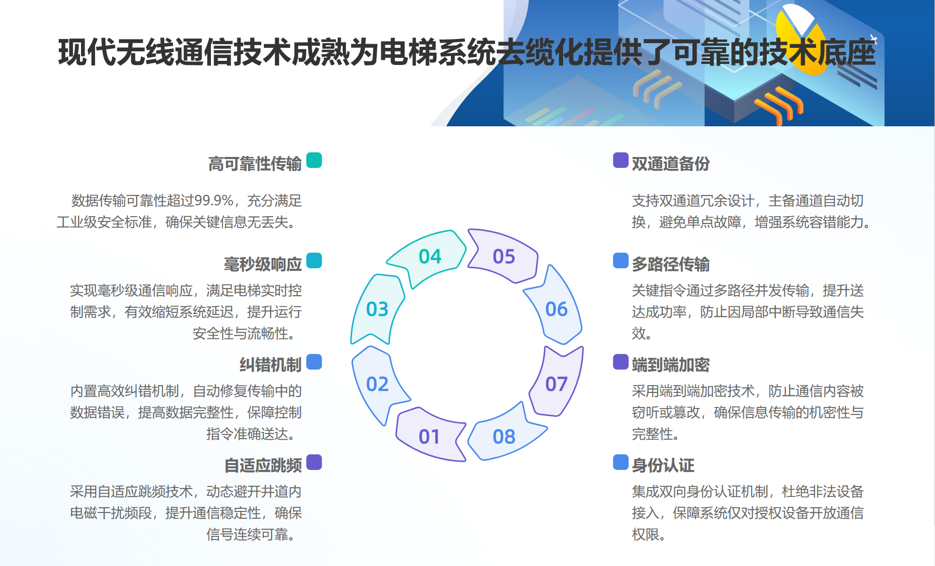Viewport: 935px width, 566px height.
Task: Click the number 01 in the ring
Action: pyautogui.click(x=429, y=437)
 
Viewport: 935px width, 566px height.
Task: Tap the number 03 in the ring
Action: pyautogui.click(x=377, y=309)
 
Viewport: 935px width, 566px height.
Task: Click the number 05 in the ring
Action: pyautogui.click(x=504, y=256)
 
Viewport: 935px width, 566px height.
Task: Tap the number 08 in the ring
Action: pyautogui.click(x=504, y=437)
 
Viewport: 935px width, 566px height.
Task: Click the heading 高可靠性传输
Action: pyautogui.click(x=255, y=164)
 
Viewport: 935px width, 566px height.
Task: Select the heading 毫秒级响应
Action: pyautogui.click(x=262, y=264)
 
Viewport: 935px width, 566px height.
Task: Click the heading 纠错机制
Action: pyautogui.click(x=270, y=364)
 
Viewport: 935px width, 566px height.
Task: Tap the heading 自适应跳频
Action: pyautogui.click(x=262, y=465)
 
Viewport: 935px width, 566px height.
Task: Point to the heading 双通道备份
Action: pyautogui.click(x=671, y=164)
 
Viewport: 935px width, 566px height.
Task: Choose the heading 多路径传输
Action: pyautogui.click(x=671, y=264)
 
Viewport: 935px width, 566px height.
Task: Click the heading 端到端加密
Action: pyautogui.click(x=671, y=364)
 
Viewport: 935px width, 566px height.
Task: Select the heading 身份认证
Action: pyautogui.click(x=663, y=465)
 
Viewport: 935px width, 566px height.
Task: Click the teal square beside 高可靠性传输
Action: pyautogui.click(x=314, y=160)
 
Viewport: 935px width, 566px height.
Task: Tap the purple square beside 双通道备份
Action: pyautogui.click(x=621, y=160)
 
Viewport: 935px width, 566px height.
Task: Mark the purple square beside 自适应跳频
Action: pyautogui.click(x=314, y=462)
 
